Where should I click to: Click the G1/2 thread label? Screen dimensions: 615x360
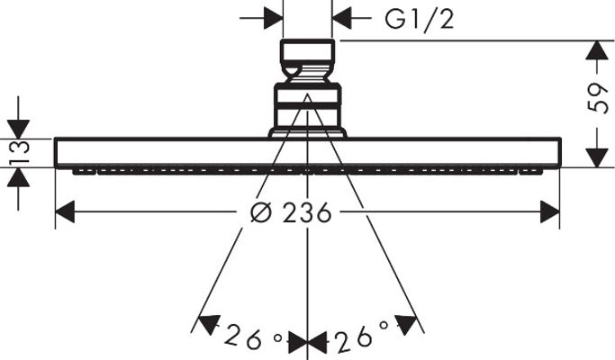click(419, 18)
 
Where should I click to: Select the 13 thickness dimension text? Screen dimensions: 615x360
click(18, 152)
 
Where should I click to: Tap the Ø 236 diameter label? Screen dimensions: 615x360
click(291, 212)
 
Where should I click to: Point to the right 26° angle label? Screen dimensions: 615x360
click(362, 335)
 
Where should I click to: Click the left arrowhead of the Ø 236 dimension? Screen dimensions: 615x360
click(65, 212)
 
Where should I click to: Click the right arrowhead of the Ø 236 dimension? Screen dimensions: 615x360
click(550, 212)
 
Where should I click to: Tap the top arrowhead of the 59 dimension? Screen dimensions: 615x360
click(597, 50)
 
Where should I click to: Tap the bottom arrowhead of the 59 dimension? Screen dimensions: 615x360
click(597, 157)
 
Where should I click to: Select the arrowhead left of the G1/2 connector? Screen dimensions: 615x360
click(274, 18)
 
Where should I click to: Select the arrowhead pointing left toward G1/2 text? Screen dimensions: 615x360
click(341, 18)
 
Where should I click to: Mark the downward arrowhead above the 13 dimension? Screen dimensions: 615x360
click(18, 129)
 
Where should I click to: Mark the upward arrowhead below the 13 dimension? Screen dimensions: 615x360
click(18, 177)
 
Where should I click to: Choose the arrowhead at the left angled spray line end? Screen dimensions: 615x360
click(208, 324)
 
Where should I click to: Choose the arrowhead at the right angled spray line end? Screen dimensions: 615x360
click(405, 324)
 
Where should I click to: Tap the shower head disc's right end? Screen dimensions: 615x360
click(560, 153)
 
